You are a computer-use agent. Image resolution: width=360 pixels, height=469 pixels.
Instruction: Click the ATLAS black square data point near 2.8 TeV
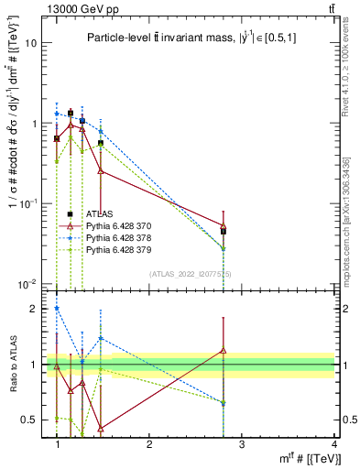223,231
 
